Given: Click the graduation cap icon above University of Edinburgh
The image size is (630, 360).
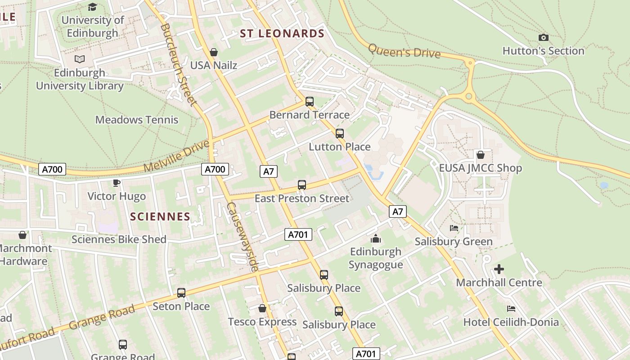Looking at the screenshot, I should (x=93, y=7).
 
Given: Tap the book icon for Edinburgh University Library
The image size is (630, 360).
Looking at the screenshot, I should (x=80, y=59).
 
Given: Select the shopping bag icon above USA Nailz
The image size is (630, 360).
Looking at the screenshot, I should (x=214, y=52).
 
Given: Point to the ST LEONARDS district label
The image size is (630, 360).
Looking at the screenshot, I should (x=282, y=34).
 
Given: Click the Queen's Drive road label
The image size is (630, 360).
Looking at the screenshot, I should (x=404, y=51).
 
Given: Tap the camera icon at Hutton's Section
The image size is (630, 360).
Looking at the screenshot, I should (x=544, y=38).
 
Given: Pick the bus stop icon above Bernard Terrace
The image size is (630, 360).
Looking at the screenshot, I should (x=310, y=102).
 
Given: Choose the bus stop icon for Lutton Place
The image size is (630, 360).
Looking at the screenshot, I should (x=340, y=134).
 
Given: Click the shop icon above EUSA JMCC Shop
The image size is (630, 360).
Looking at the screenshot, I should (x=481, y=155).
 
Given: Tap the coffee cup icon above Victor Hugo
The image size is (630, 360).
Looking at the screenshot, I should (x=117, y=183).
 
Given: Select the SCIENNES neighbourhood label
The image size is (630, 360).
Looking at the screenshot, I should (x=160, y=216).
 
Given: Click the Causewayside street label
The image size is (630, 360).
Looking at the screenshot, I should (x=243, y=237).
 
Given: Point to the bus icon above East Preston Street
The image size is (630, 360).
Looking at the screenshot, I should (x=302, y=185).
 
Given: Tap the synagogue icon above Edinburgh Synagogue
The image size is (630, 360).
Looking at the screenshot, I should (x=376, y=238).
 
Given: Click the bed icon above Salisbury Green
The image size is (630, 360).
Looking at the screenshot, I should (x=454, y=228).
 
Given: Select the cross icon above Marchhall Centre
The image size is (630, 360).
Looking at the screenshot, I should (x=499, y=270).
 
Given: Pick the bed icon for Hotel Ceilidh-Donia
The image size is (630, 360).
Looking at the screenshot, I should (x=511, y=309).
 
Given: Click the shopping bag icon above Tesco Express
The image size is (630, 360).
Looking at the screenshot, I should (x=262, y=308).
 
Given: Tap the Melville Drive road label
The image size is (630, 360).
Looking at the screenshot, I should (x=176, y=156).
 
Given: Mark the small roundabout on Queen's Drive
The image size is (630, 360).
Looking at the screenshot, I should (x=469, y=96).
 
